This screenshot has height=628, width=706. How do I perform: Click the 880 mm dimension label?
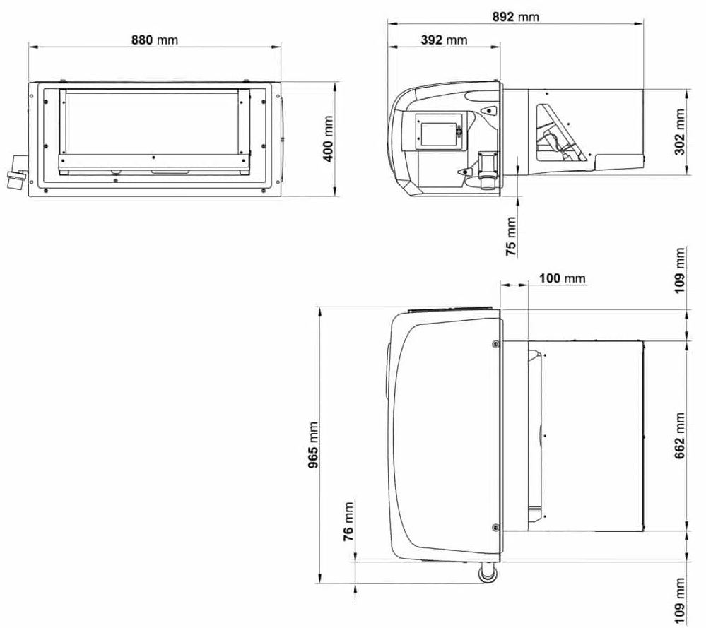click(x=155, y=40)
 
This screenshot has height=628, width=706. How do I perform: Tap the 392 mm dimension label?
click(x=444, y=40)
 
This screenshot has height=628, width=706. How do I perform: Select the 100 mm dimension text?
click(x=562, y=278)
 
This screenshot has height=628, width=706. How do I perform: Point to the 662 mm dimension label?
click(x=680, y=436)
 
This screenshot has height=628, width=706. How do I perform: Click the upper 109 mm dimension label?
click(x=681, y=270)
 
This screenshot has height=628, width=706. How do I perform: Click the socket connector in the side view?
click(x=487, y=170)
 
